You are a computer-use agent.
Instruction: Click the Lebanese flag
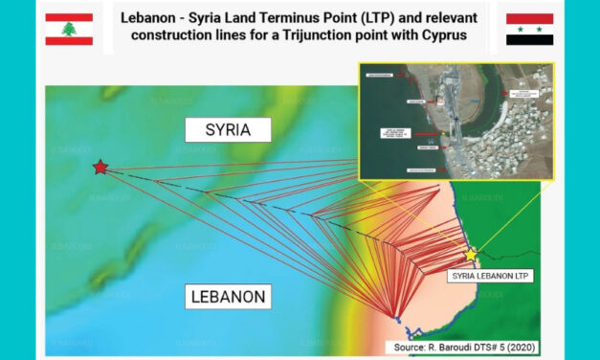69,29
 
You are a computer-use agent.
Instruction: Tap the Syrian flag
529,29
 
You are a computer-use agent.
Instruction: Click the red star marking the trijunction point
100,168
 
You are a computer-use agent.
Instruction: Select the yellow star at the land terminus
471,255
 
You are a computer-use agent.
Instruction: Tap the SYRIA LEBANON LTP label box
489,275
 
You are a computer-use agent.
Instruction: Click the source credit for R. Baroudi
462,347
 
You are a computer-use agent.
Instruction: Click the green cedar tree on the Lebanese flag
69,29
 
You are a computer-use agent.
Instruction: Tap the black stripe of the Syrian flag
529,41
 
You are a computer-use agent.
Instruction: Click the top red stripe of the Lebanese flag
69,16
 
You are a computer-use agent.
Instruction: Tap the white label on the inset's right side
522,95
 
